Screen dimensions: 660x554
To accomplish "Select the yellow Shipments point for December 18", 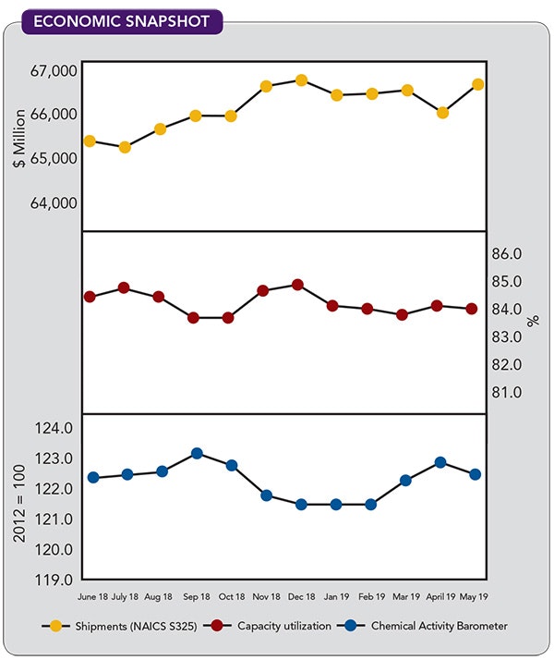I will (x=301, y=80).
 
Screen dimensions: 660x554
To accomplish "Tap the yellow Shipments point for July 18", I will (x=125, y=146).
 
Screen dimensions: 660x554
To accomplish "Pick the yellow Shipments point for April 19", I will (x=442, y=113).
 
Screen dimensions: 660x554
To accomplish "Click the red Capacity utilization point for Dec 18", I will (x=297, y=285).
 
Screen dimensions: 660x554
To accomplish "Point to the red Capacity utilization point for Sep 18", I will (x=194, y=317).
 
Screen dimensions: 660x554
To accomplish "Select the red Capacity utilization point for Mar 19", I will (x=403, y=314).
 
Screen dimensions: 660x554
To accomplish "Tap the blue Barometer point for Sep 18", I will (x=197, y=453).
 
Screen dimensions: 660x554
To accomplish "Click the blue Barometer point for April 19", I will (x=440, y=462).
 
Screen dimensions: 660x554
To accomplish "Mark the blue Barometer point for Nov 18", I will (x=267, y=495).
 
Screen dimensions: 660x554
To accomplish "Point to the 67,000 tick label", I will (x=54, y=71).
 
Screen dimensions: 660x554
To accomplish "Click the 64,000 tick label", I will (x=54, y=202).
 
